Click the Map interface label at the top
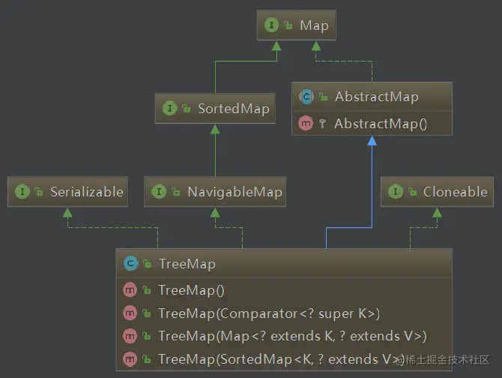click(x=313, y=25)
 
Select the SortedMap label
click(x=232, y=109)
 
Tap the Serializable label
click(x=86, y=192)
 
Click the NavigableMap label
click(x=234, y=192)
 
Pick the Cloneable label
click(x=455, y=192)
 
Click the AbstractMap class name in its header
click(x=376, y=96)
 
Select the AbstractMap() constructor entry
click(x=380, y=123)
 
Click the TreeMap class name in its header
click(x=187, y=264)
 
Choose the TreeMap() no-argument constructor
click(x=191, y=290)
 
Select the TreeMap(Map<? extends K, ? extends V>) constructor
click(x=292, y=336)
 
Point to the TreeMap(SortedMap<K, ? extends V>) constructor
click(x=281, y=359)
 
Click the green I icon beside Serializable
click(x=22, y=192)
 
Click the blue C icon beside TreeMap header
click(x=130, y=264)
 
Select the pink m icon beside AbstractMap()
click(x=305, y=123)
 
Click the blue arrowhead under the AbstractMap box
click(x=372, y=141)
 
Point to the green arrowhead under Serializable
click(x=67, y=212)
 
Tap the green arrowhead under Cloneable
click(x=437, y=212)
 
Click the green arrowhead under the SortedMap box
click(x=215, y=129)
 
